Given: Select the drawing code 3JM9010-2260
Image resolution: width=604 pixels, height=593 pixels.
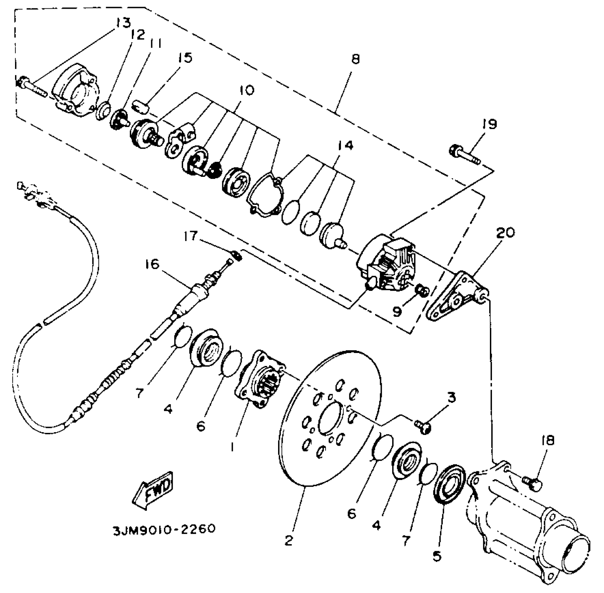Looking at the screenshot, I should (x=164, y=529).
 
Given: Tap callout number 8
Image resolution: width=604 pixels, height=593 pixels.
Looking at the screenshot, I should (x=355, y=59).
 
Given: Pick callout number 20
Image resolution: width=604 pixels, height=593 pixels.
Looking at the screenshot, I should (x=505, y=233).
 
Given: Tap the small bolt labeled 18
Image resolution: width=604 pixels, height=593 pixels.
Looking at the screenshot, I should (x=532, y=483).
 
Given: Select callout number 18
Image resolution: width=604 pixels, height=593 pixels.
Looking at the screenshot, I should (x=548, y=441).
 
